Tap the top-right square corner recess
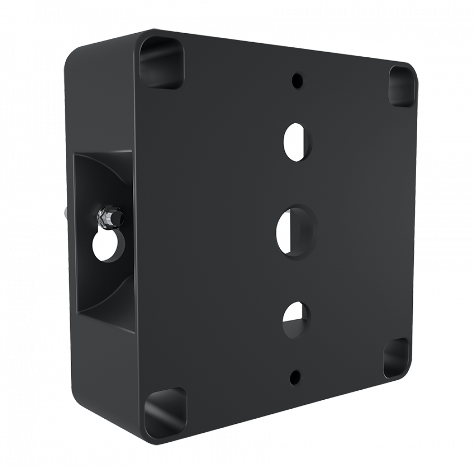401,86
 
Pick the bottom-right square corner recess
396,358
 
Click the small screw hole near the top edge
297,80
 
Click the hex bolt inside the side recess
110,216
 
